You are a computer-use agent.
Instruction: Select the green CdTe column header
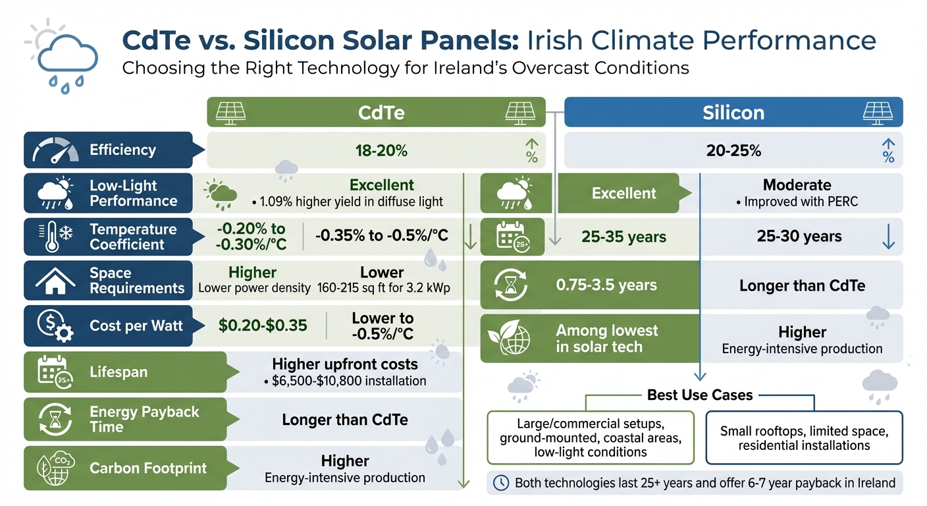pyautogui.click(x=376, y=112)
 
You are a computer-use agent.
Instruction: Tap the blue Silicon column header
pyautogui.click(x=733, y=112)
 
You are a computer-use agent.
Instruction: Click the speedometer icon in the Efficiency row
pyautogui.click(x=55, y=151)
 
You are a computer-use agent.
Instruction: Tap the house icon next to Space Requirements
pyautogui.click(x=55, y=281)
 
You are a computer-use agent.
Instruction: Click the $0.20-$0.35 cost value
pyautogui.click(x=263, y=325)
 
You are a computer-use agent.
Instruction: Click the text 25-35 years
pyautogui.click(x=623, y=237)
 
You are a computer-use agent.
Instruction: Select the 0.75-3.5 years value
pyautogui.click(x=606, y=286)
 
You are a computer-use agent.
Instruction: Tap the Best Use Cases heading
pyautogui.click(x=700, y=395)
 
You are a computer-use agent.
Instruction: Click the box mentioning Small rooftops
pyautogui.click(x=804, y=438)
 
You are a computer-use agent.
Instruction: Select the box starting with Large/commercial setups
pyautogui.click(x=591, y=438)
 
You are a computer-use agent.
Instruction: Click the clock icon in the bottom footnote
pyautogui.click(x=501, y=483)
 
